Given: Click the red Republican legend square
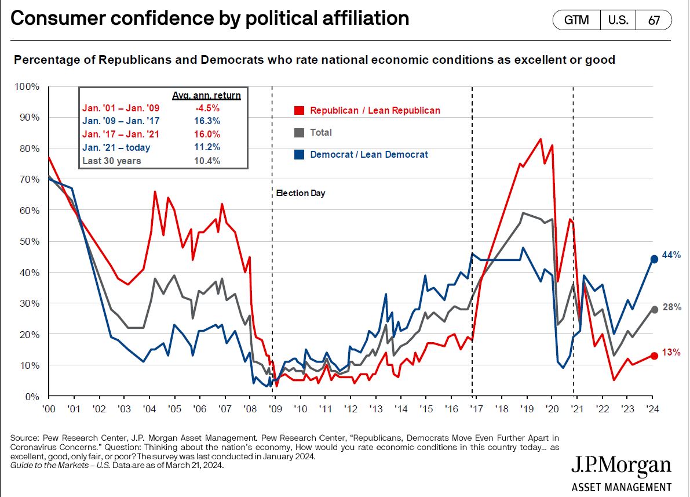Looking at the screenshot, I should [300, 110].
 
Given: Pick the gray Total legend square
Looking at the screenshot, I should [300, 132].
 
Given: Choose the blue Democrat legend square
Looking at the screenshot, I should [300, 154].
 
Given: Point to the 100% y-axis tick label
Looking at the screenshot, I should [27, 86].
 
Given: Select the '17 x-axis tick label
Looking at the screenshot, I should [476, 409].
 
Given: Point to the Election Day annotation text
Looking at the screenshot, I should [301, 193].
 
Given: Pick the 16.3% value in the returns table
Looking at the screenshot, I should [208, 121].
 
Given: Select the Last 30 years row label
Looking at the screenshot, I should [111, 161].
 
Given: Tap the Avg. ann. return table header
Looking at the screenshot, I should [206, 95].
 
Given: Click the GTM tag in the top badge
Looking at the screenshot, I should [576, 20].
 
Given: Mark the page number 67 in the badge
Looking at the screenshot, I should [654, 20].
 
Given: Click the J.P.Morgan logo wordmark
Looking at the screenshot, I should [621, 467].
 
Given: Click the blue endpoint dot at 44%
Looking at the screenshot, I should [654, 259].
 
